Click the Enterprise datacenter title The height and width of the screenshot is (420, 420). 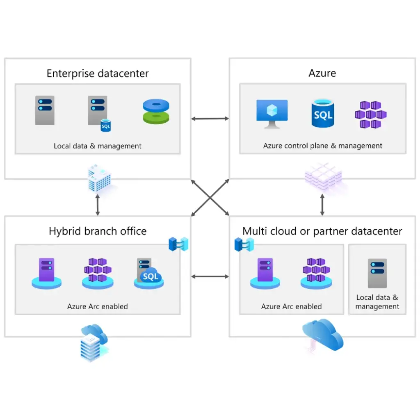pos(98,74)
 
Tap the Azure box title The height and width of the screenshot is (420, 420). pos(322,73)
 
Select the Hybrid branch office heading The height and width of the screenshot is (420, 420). pos(98,231)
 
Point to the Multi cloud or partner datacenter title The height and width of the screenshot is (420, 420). pos(322,231)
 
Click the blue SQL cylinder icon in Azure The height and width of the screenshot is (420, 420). pos(322,113)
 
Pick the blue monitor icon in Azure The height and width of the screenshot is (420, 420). pos(272,113)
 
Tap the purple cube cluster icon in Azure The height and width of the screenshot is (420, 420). pos(371,114)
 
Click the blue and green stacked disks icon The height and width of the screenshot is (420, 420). pos(156,112)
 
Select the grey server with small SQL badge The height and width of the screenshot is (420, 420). pos(99,113)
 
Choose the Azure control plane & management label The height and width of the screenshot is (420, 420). pos(322,146)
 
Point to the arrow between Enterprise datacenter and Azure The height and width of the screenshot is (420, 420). pos(210,119)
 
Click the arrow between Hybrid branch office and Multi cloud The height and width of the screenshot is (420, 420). pos(210,277)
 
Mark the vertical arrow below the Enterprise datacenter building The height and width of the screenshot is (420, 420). pos(98,205)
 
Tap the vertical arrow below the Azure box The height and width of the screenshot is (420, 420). pos(322,204)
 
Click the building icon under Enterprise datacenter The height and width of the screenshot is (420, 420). pos(98,178)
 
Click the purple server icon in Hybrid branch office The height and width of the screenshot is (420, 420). pos(46,272)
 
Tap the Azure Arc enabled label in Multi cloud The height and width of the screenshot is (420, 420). pos(291,306)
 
